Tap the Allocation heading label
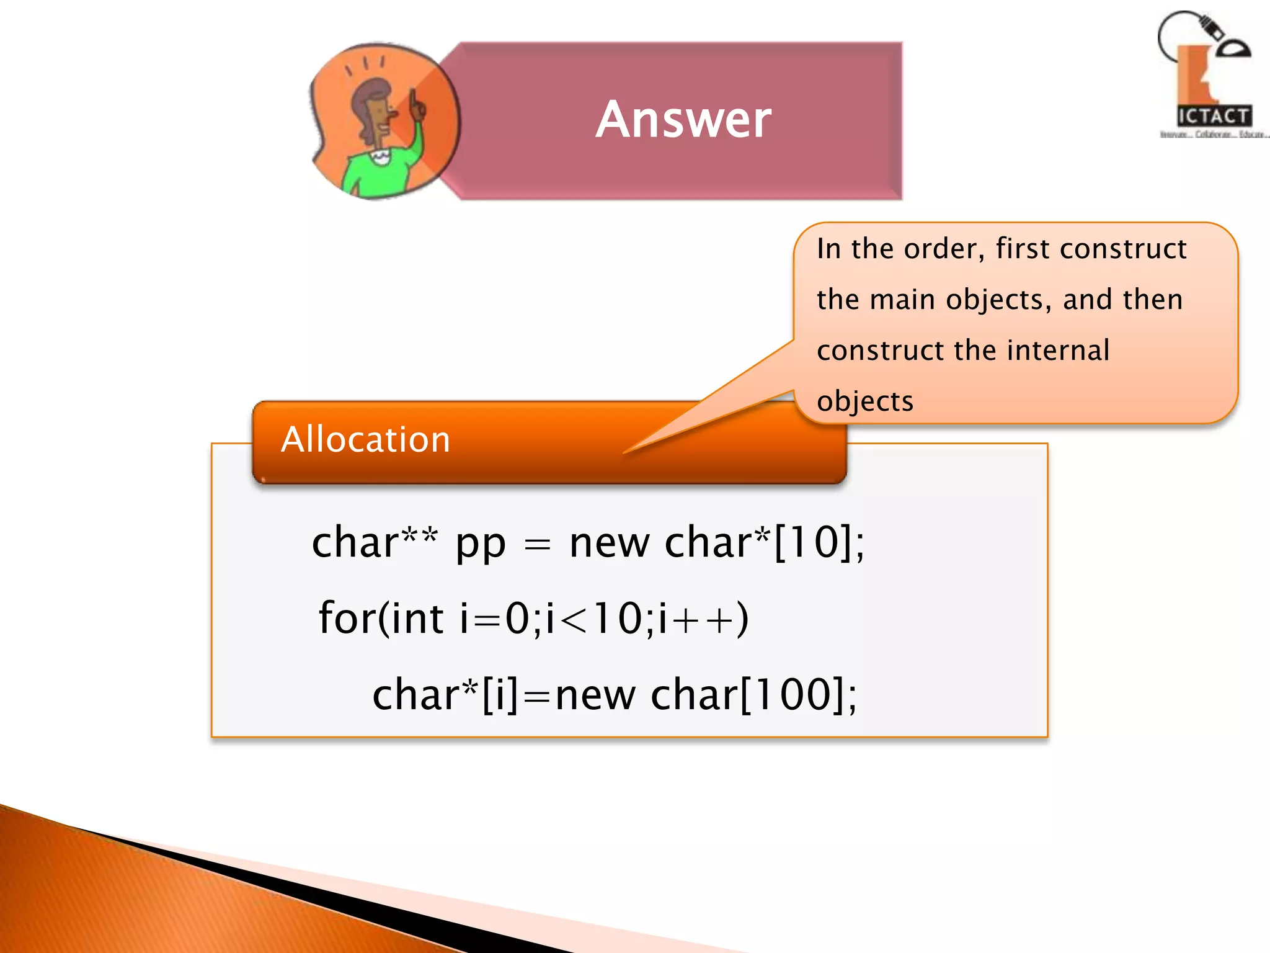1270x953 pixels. tap(365, 440)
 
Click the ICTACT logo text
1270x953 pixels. tap(1213, 116)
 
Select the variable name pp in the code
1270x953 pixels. tap(481, 544)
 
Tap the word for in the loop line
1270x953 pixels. tap(346, 618)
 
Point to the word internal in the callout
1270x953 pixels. tap(1058, 351)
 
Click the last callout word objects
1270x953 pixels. tap(865, 402)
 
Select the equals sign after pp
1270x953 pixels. tap(537, 545)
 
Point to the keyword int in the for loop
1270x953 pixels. tap(417, 618)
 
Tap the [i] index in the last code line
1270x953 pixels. tap(499, 695)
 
